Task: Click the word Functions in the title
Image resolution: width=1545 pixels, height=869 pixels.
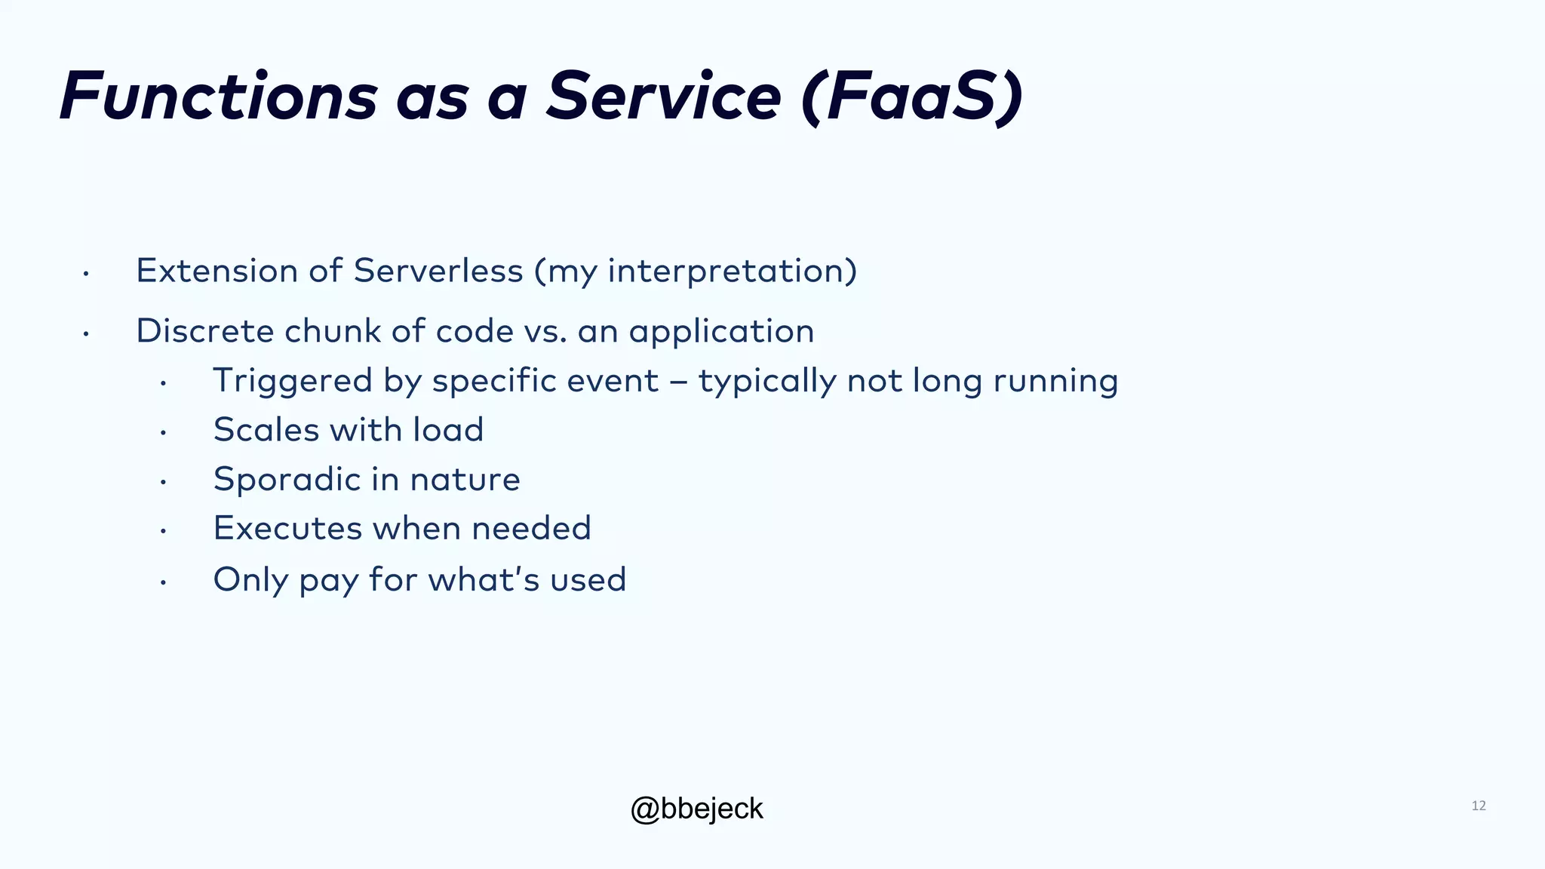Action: pyautogui.click(x=218, y=97)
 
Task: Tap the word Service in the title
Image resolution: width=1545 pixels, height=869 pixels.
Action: pyautogui.click(x=663, y=97)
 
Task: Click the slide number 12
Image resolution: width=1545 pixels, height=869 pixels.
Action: pyautogui.click(x=1478, y=806)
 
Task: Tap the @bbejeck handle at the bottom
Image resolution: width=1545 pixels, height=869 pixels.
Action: pyautogui.click(x=696, y=809)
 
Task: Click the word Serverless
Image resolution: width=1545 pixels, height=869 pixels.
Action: pyautogui.click(x=438, y=271)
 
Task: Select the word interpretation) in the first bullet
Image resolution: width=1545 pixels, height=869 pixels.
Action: pyautogui.click(x=733, y=271)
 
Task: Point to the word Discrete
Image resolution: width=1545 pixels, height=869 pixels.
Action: pyautogui.click(x=204, y=331)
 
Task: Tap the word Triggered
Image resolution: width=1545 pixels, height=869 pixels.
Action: pyautogui.click(x=293, y=380)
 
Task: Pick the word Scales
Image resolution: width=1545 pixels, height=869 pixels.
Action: pyautogui.click(x=266, y=430)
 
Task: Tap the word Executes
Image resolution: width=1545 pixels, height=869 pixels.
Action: pyautogui.click(x=287, y=528)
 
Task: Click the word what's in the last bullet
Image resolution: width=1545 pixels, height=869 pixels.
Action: pyautogui.click(x=484, y=579)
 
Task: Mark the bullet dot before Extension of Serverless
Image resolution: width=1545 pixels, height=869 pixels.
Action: pyautogui.click(x=86, y=273)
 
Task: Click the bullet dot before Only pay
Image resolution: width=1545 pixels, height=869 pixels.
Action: pyautogui.click(x=163, y=582)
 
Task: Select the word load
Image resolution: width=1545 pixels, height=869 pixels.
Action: pyautogui.click(x=447, y=430)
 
